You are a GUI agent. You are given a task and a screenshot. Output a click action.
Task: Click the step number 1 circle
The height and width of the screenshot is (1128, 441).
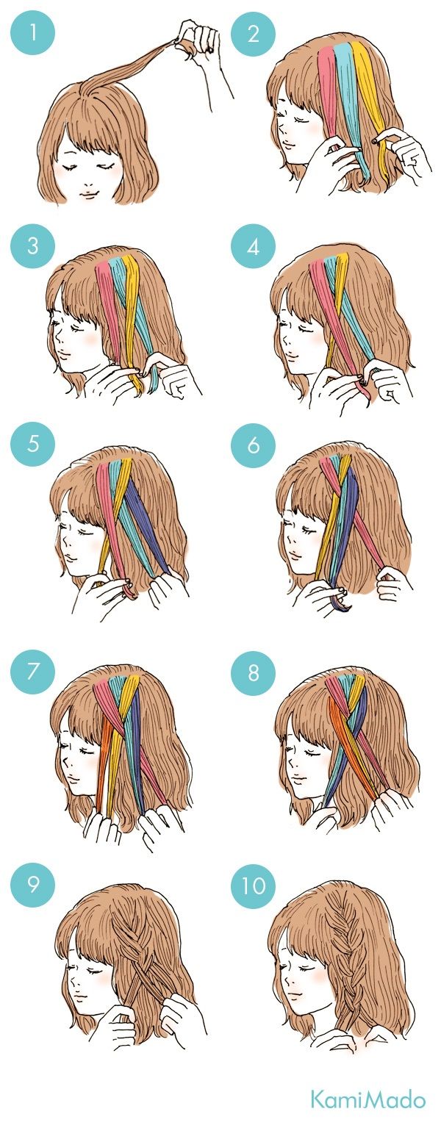(x=33, y=33)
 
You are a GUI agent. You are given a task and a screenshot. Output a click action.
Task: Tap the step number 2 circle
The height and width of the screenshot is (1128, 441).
(x=254, y=33)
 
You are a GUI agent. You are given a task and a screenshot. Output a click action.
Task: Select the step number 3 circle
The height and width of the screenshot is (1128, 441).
(x=33, y=247)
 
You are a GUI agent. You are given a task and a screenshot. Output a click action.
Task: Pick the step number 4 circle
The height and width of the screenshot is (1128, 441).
(x=254, y=247)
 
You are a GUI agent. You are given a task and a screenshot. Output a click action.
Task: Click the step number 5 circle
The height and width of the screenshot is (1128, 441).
(x=33, y=445)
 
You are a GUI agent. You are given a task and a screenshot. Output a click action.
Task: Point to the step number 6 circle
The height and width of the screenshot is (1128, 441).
(x=254, y=445)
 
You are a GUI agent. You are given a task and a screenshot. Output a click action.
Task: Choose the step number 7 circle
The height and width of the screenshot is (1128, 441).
(x=33, y=671)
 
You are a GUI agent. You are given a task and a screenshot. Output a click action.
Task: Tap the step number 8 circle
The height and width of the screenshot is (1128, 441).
(x=254, y=671)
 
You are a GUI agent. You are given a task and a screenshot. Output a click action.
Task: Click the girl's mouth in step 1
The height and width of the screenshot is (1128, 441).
(x=89, y=193)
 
